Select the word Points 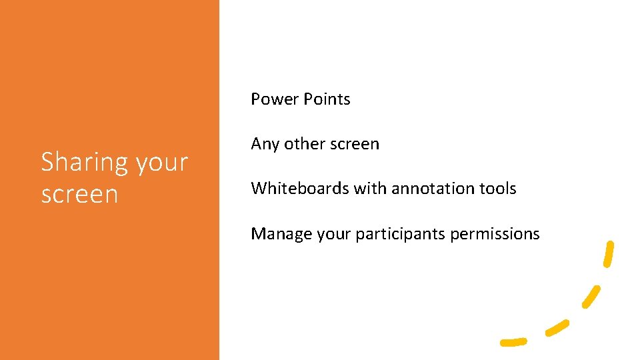[x=327, y=99]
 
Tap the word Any [x=265, y=144]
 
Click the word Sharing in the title [x=84, y=162]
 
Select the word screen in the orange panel [x=79, y=194]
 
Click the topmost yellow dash [x=608, y=254]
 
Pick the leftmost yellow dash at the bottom [x=513, y=342]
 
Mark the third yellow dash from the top [x=557, y=327]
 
